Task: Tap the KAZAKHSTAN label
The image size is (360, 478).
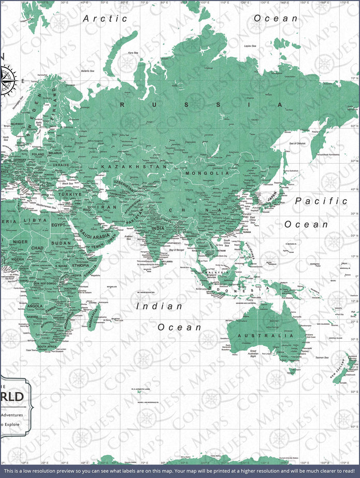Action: pyautogui.click(x=134, y=167)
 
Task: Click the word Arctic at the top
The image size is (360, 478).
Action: pyautogui.click(x=106, y=18)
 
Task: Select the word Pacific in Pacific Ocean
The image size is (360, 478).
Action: pyautogui.click(x=321, y=201)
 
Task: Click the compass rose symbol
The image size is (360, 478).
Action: pyautogui.click(x=9, y=80)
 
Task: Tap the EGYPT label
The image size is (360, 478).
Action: pyautogui.click(x=59, y=225)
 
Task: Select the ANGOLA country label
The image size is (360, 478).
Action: pyautogui.click(x=35, y=306)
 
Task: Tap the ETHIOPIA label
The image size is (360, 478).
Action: pyautogui.click(x=80, y=266)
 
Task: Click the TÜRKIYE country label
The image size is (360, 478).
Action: pyautogui.click(x=69, y=194)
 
